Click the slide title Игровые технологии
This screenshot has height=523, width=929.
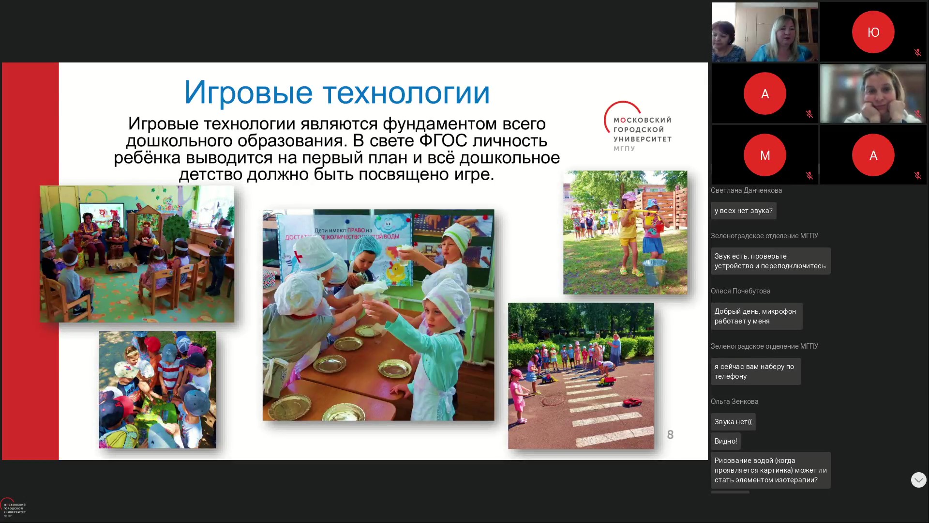[337, 92]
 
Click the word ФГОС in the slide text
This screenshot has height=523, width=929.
[443, 141]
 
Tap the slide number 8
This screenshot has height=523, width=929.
[670, 435]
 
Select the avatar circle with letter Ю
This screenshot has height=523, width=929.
[873, 32]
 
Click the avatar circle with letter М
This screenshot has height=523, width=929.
[764, 155]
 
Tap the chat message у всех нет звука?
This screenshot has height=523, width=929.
[743, 211]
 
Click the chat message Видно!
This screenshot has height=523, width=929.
[725, 441]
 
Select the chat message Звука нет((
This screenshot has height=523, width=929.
[733, 422]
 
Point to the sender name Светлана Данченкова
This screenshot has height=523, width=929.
[746, 190]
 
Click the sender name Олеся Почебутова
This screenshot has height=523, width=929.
[740, 291]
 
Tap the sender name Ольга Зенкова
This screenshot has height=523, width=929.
[734, 401]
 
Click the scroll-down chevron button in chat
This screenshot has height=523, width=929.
[918, 480]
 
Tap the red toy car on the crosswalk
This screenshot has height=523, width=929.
[632, 402]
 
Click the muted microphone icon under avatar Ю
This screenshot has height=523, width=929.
[917, 53]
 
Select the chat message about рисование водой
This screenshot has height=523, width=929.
[770, 470]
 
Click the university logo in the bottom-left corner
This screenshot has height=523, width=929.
[13, 508]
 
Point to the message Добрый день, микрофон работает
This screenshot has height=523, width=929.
[756, 316]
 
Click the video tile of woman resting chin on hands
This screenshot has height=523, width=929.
[873, 93]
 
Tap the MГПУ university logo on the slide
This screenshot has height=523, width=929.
[638, 126]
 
